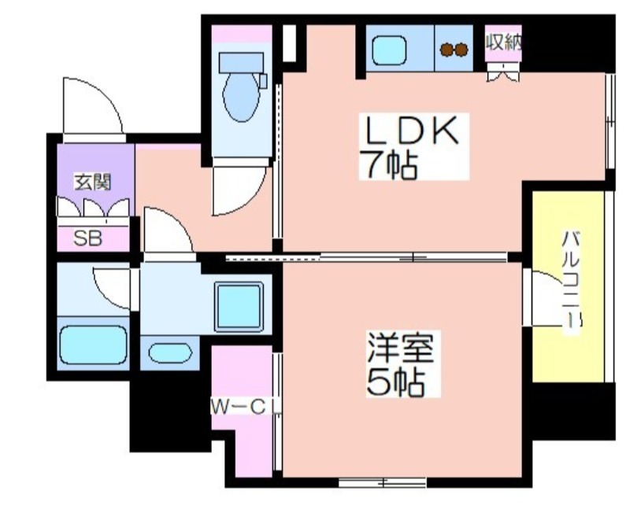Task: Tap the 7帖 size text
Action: (x=388, y=165)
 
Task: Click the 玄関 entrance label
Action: (x=93, y=183)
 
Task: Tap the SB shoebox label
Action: (x=88, y=238)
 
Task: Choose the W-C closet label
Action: (x=238, y=408)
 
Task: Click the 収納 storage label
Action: (x=503, y=42)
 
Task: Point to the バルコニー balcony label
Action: (x=571, y=279)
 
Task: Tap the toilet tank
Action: (x=241, y=63)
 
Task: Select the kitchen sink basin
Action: (x=389, y=50)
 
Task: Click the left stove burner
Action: (x=447, y=50)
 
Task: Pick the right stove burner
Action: (x=461, y=50)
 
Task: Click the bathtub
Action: (x=93, y=345)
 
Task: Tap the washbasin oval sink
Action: (x=170, y=352)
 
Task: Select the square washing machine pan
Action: (x=239, y=307)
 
